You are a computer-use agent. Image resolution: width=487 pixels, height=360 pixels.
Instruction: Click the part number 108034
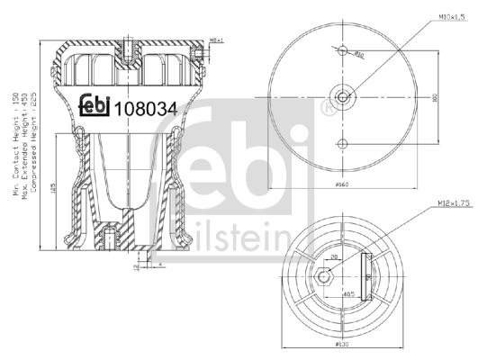145,109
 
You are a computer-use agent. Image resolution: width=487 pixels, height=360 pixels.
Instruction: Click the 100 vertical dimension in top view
434,97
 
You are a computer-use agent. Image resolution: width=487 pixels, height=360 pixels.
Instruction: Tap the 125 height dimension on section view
54,190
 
